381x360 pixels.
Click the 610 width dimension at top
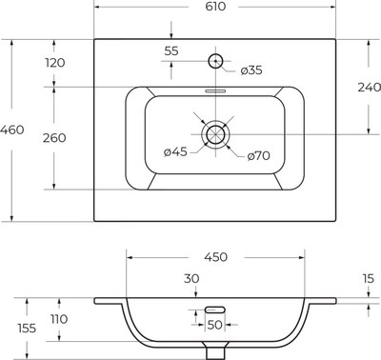click(215, 7)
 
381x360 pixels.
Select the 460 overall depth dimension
click(11, 130)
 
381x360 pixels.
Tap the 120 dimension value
click(55, 63)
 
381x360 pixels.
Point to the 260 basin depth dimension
click(54, 138)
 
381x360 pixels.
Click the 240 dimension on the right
click(370, 87)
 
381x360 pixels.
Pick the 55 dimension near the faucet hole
click(171, 50)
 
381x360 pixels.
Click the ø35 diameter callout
click(251, 70)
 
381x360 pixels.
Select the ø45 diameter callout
click(175, 151)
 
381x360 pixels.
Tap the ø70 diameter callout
click(259, 155)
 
